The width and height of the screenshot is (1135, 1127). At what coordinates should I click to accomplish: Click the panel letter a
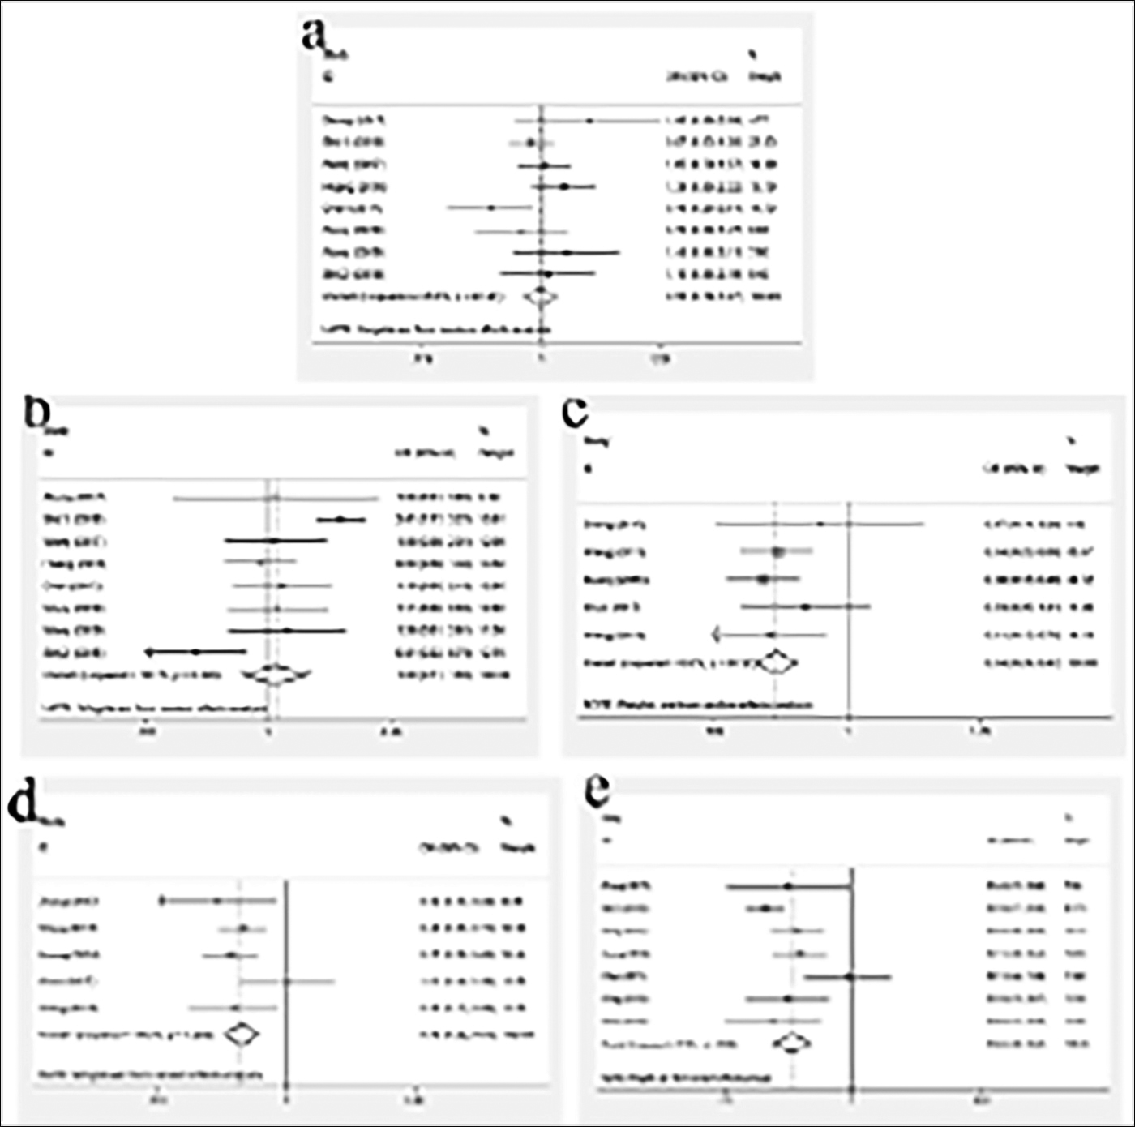pos(314,36)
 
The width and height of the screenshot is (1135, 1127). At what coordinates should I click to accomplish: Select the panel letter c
pos(575,412)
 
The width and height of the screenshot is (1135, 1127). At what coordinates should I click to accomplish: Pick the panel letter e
pos(597,791)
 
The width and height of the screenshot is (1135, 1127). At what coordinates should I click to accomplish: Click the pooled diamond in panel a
pos(540,298)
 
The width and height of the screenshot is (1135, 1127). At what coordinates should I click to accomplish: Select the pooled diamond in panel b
pos(276,675)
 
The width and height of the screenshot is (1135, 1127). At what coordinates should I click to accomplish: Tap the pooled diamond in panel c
pos(776,662)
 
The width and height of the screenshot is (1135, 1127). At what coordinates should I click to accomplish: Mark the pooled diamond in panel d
pos(242,1035)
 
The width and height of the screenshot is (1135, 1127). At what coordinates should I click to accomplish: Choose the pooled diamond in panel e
pos(792,1043)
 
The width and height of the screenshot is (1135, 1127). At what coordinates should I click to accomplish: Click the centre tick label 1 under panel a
pos(542,358)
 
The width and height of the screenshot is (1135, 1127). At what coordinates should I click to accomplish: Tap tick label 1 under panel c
pos(848,731)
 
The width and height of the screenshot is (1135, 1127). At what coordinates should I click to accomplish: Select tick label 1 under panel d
pos(287,1100)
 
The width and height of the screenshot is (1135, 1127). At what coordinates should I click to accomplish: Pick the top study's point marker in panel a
pos(590,121)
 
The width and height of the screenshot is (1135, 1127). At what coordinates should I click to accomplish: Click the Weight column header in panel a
pos(765,76)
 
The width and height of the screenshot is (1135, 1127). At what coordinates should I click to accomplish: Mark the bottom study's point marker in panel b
pos(195,652)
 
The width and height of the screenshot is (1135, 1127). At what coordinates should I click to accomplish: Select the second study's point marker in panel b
pos(341,519)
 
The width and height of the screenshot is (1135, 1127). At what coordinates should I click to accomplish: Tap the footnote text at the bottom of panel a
pos(437,330)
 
